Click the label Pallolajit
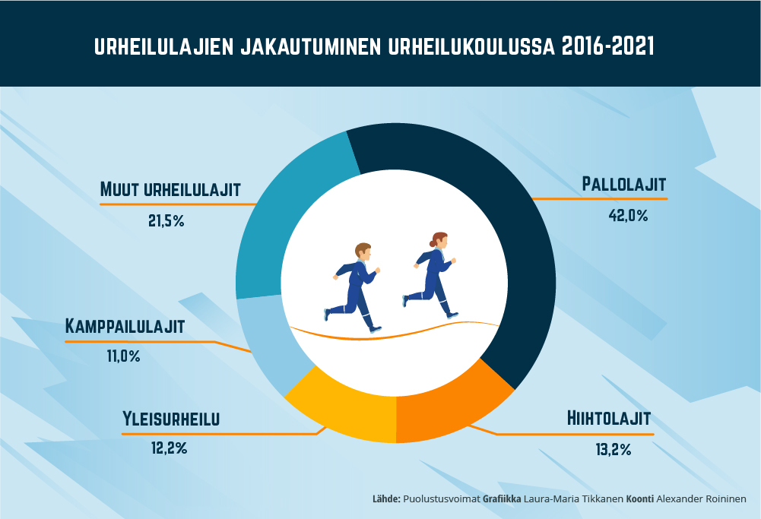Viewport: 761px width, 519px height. click(x=623, y=185)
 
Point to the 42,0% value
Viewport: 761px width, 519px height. click(x=628, y=215)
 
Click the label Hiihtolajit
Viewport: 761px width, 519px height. click(x=608, y=419)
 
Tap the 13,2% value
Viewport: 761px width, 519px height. click(x=614, y=450)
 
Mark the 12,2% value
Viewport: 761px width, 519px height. click(x=170, y=448)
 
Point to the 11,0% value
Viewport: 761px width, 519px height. click(x=124, y=356)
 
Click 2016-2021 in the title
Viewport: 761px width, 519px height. click(x=607, y=46)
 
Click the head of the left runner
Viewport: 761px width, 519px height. click(x=363, y=252)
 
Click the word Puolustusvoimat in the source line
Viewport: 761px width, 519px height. click(x=441, y=499)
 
